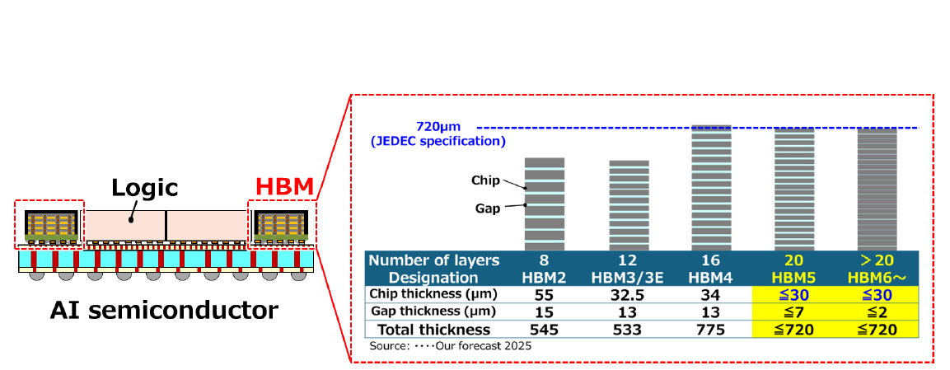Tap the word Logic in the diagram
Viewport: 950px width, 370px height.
click(145, 187)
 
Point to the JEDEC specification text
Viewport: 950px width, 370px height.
click(437, 141)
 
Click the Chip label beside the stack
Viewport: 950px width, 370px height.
click(485, 180)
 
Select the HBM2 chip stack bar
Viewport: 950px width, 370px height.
click(545, 204)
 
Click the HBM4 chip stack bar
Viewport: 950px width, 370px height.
click(710, 187)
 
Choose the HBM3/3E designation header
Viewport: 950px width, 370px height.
click(628, 277)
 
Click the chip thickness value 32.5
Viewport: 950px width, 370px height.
click(628, 294)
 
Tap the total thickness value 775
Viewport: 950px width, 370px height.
click(710, 330)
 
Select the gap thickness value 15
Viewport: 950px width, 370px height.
click(545, 311)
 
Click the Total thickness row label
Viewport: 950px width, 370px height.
click(434, 330)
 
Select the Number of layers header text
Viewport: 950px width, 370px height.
click(434, 260)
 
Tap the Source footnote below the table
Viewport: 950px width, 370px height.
click(450, 346)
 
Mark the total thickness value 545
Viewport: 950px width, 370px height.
click(545, 330)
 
